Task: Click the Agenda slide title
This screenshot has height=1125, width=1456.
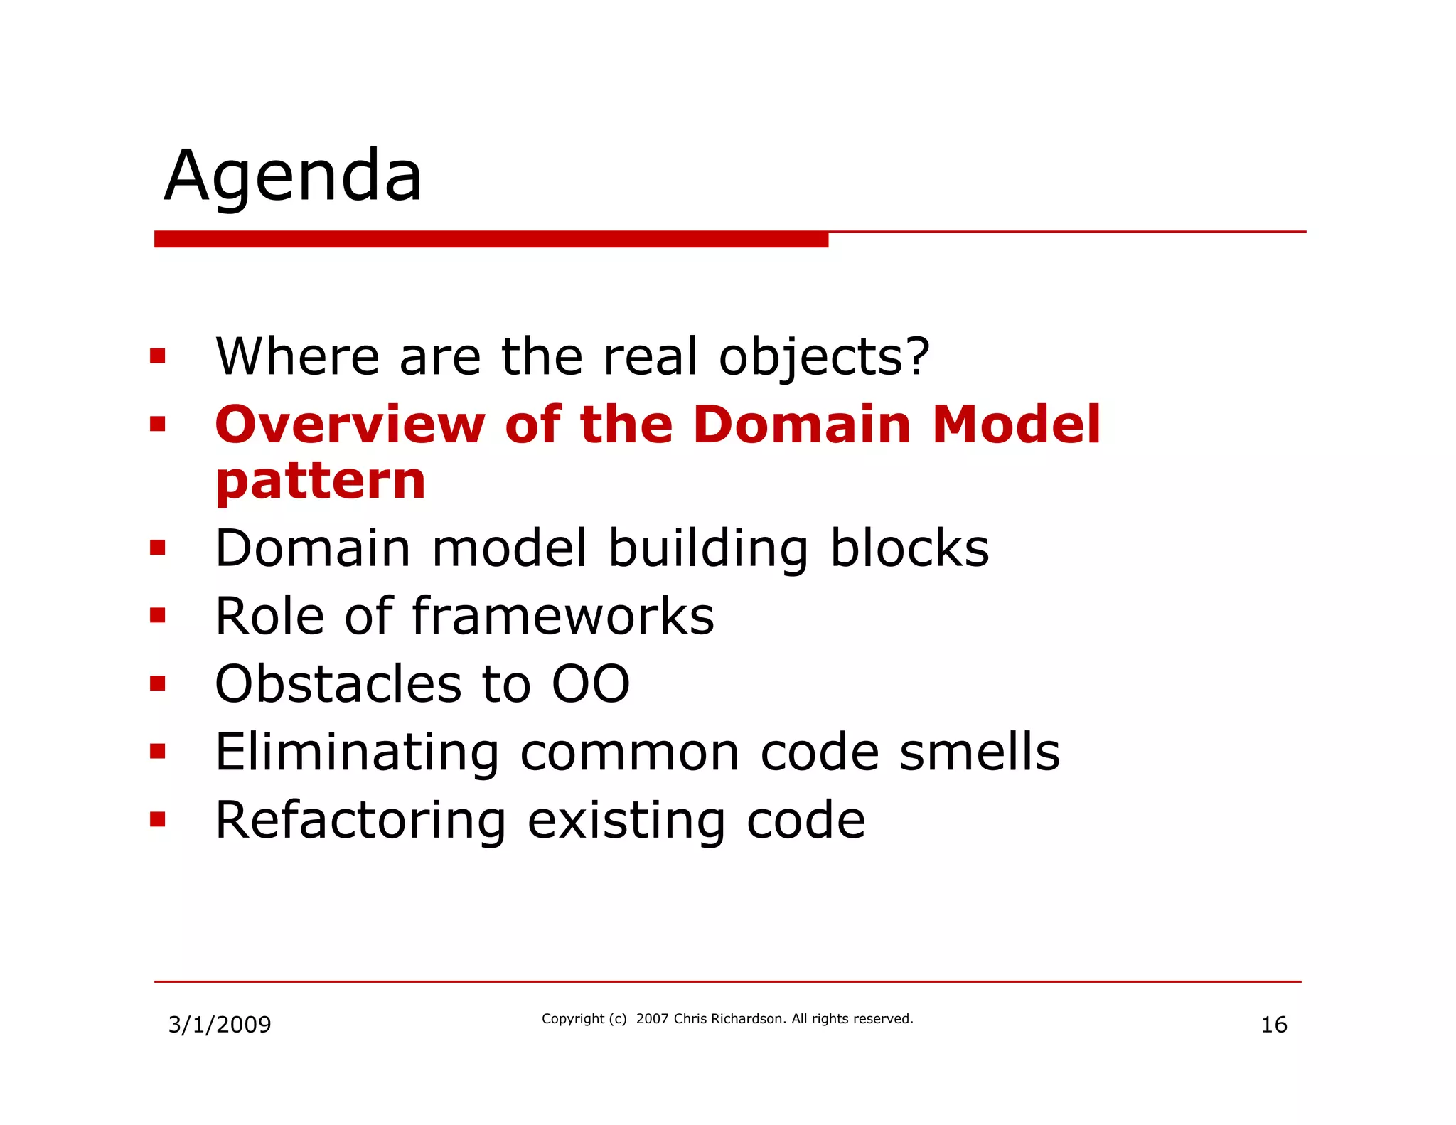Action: pyautogui.click(x=293, y=176)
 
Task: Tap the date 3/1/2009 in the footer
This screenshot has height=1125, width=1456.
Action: pyautogui.click(x=219, y=1025)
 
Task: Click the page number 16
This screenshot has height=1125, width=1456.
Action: pyautogui.click(x=1273, y=1025)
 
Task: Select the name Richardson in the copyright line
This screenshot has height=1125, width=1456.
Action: pyautogui.click(x=748, y=1019)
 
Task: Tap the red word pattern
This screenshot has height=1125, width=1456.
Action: pyautogui.click(x=320, y=482)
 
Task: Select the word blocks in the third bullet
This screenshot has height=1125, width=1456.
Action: pyautogui.click(x=909, y=549)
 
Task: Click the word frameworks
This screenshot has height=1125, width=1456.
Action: pyautogui.click(x=563, y=617)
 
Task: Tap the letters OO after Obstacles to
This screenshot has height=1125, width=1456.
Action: pyautogui.click(x=591, y=685)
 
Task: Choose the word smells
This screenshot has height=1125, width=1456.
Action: pyautogui.click(x=979, y=752)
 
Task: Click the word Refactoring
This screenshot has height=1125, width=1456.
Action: pyautogui.click(x=360, y=821)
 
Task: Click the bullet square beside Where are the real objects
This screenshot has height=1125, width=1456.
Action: pyautogui.click(x=158, y=356)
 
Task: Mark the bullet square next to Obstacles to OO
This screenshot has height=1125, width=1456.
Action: pyautogui.click(x=158, y=684)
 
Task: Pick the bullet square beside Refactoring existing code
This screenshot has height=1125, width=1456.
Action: pyautogui.click(x=158, y=820)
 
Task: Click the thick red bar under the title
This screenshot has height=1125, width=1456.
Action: pyautogui.click(x=491, y=240)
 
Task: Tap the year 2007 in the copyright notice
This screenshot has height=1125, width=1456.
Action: pyautogui.click(x=652, y=1019)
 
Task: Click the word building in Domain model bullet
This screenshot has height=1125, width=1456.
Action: pyautogui.click(x=708, y=549)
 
